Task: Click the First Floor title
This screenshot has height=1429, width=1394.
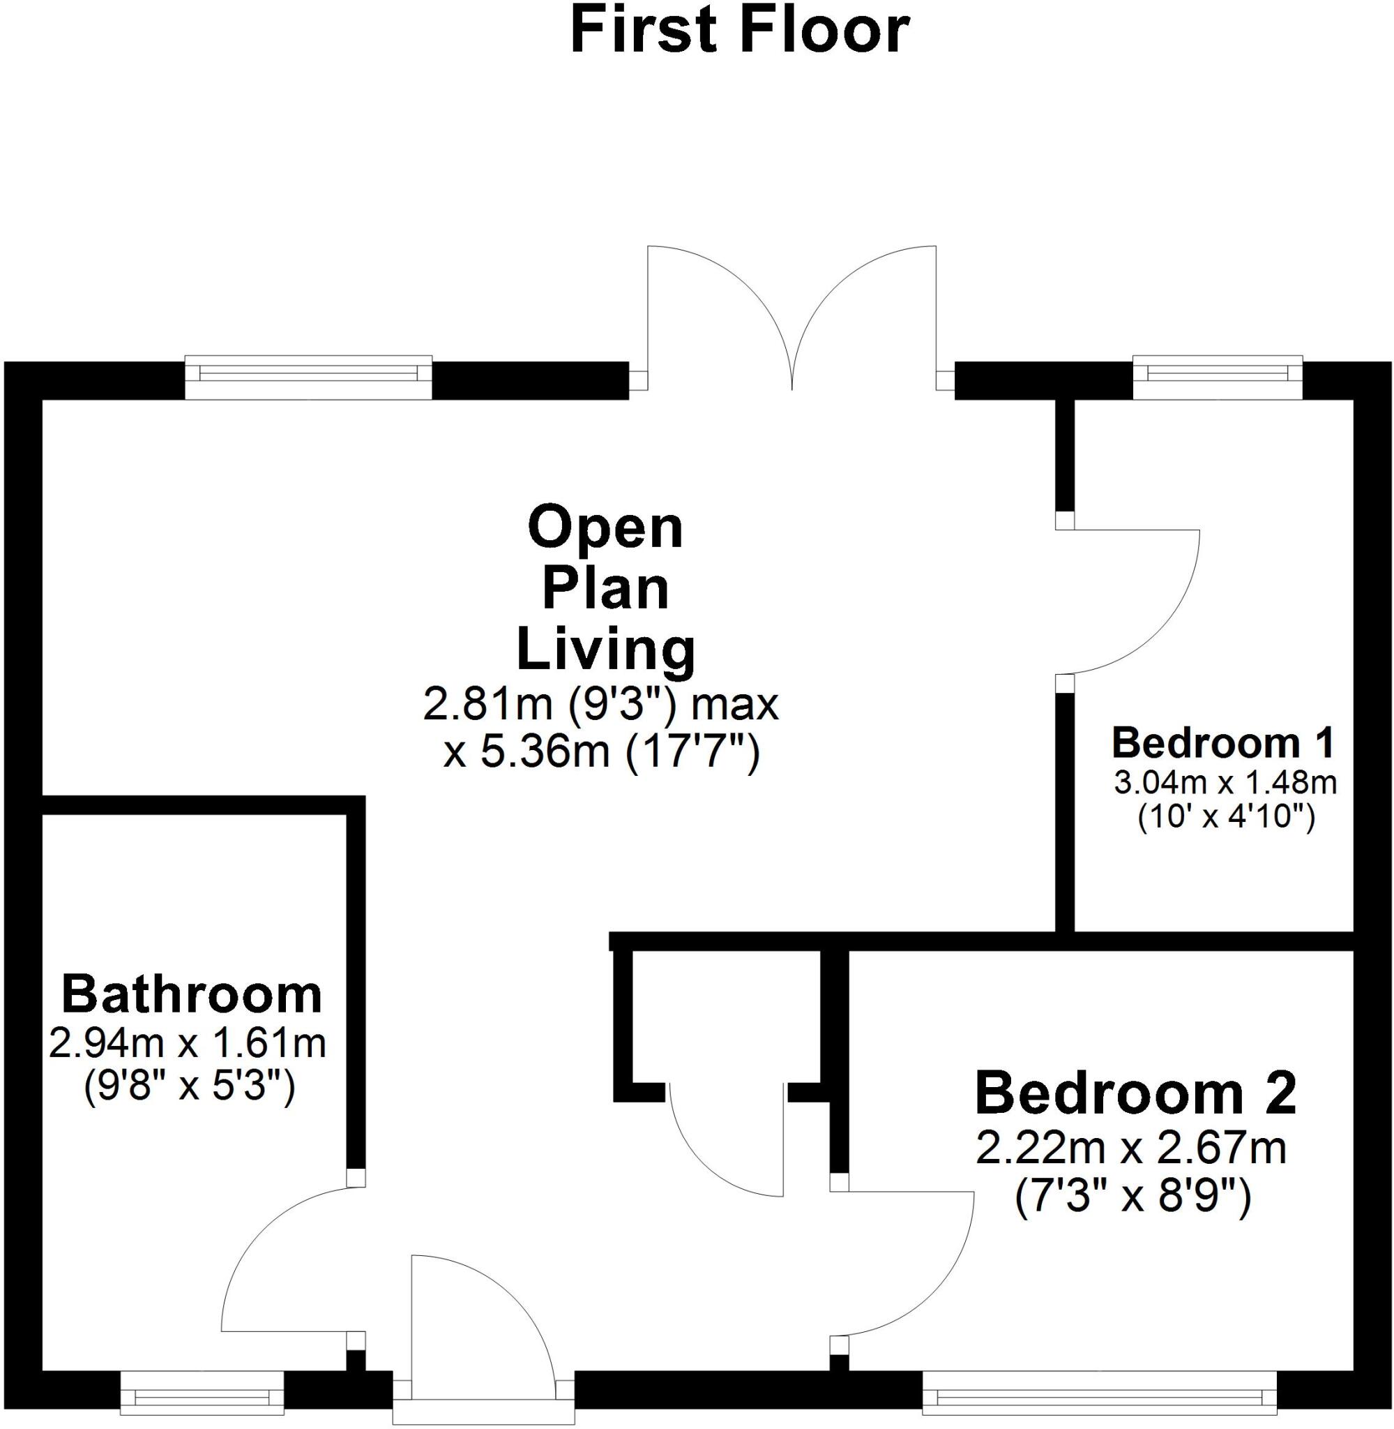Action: [739, 31]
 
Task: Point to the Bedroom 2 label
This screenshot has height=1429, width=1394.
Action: [1135, 1093]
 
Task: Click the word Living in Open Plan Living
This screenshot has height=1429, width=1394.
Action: [606, 649]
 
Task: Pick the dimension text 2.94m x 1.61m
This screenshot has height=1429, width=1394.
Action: [188, 1043]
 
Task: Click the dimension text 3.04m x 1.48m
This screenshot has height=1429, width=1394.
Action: [1225, 783]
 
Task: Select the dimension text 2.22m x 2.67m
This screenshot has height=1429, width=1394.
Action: [1131, 1148]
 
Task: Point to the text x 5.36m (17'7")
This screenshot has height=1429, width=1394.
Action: [602, 752]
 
